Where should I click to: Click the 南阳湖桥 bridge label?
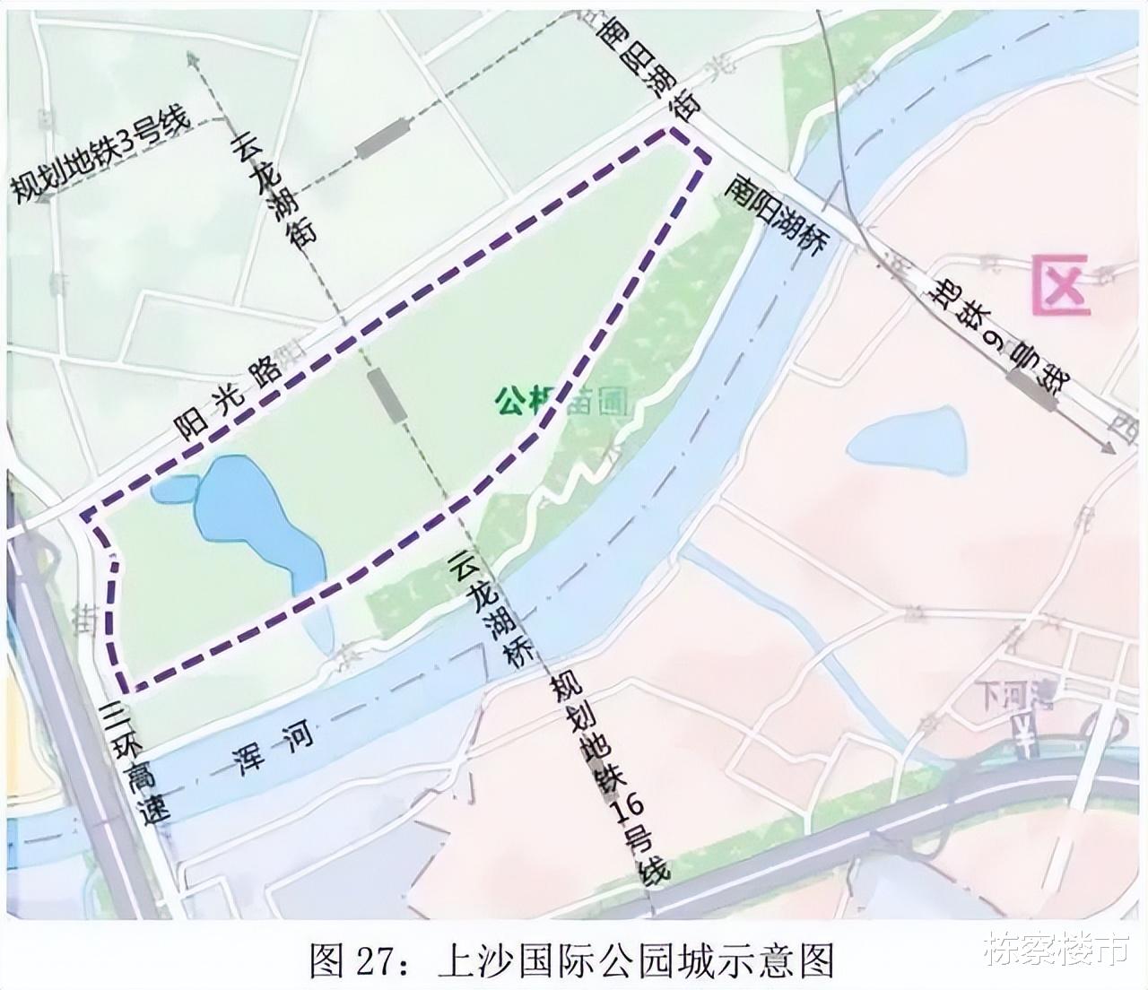point(775,214)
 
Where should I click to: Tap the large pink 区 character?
point(1061,284)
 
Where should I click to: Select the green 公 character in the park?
point(509,400)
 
